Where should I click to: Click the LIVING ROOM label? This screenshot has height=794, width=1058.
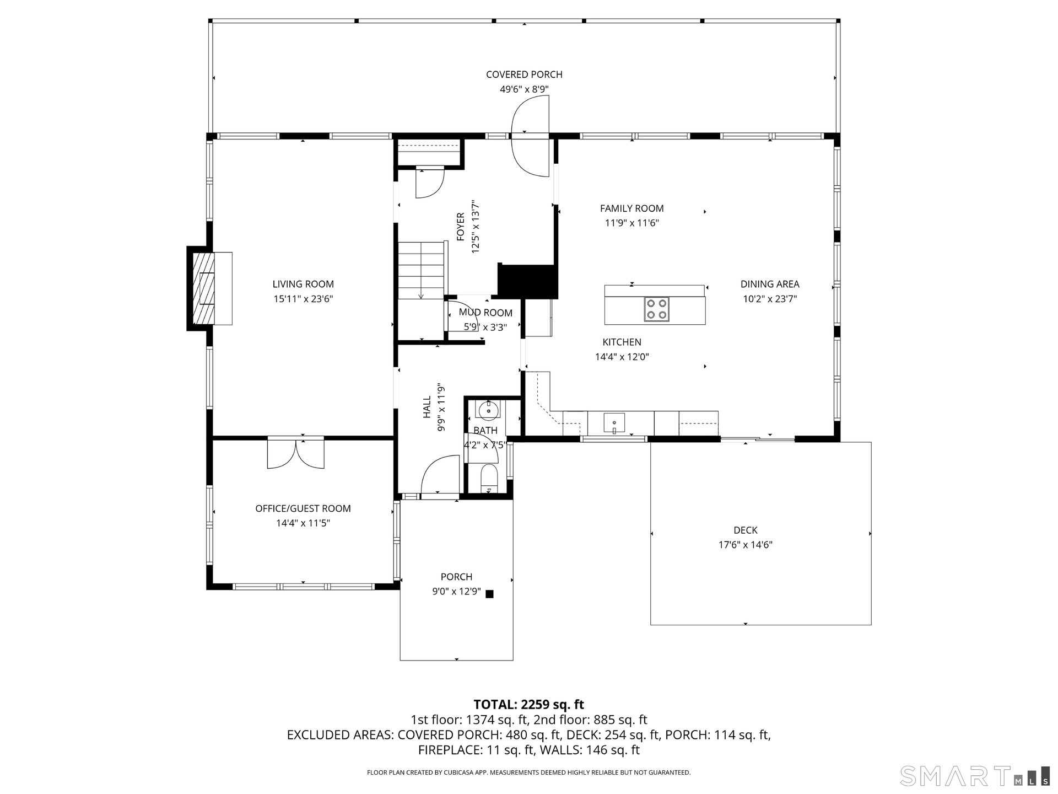coord(303,284)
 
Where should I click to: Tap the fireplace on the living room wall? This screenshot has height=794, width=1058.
coord(210,288)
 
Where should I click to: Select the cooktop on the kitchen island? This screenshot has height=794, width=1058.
coord(656,309)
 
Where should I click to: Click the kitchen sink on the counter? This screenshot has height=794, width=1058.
coord(614,423)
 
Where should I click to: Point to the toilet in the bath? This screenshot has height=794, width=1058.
coord(489,478)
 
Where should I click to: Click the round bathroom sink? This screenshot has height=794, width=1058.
coord(488,410)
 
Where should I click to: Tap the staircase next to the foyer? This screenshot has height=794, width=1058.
coord(422,270)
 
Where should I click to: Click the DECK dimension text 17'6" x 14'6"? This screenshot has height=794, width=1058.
coord(746,545)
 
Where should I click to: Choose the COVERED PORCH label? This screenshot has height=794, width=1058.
coord(524,74)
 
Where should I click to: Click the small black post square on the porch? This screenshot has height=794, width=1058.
coord(489,594)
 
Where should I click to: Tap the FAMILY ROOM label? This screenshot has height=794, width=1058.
coord(631,208)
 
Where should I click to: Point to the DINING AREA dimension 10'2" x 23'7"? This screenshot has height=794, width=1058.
coord(770,299)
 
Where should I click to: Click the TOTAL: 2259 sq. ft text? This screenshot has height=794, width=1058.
coord(529,704)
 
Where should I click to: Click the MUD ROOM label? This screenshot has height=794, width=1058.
coord(485,313)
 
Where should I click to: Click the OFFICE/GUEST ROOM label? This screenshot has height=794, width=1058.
coord(303,508)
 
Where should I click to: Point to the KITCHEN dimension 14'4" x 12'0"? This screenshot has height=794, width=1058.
coord(622,357)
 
